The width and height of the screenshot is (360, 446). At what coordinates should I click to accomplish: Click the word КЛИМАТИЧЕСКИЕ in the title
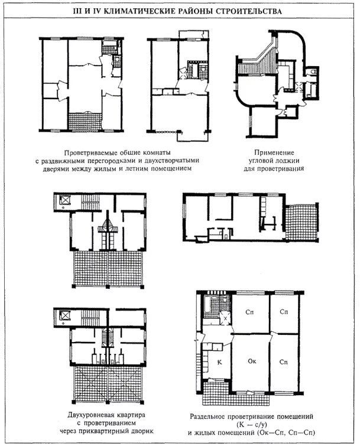[138, 12]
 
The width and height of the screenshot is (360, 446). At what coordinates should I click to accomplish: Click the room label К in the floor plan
[219, 362]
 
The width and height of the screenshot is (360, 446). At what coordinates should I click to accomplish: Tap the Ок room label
[252, 361]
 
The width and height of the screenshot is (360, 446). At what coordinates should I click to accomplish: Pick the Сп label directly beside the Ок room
[283, 362]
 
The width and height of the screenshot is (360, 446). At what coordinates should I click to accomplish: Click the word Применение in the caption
[274, 152]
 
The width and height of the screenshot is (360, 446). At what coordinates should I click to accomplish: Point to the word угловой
[261, 161]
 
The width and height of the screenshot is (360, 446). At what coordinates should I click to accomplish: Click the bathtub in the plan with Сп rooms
[207, 307]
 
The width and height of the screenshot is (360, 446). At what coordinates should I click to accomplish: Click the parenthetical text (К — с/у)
[251, 425]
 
